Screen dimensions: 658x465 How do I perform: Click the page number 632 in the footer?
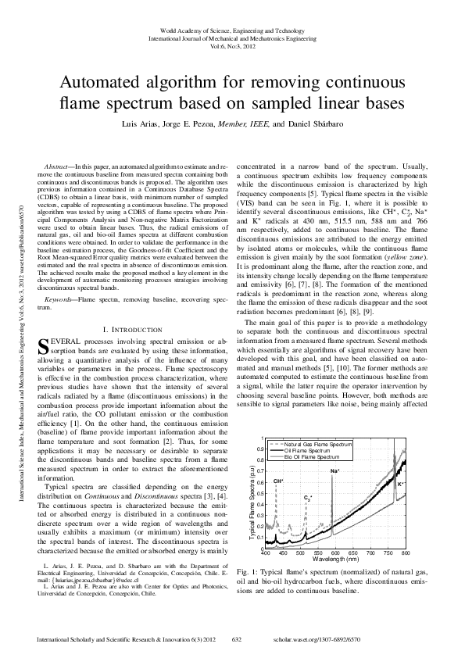234,640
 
